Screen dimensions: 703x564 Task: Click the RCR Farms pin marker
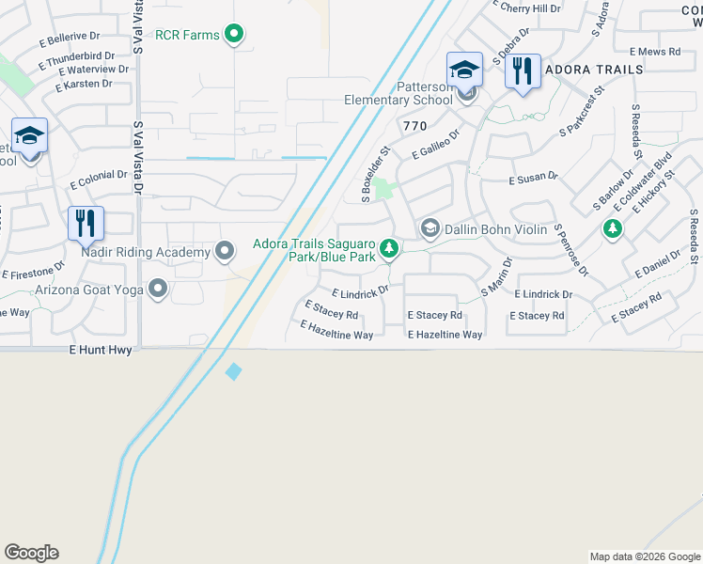tap(235, 36)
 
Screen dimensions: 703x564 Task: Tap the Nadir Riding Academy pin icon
tap(225, 251)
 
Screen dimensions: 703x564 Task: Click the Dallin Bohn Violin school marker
tap(430, 227)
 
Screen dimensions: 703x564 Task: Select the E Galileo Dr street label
tap(436, 147)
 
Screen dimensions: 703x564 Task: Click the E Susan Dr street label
tap(533, 177)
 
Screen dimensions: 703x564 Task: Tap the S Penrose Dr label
tap(570, 250)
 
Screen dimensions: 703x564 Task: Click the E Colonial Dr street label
tap(99, 176)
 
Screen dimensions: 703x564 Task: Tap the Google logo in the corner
tap(31, 553)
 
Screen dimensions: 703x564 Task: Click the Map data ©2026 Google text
tap(644, 556)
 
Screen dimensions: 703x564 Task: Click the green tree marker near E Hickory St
tap(613, 227)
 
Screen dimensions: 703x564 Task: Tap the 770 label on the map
tap(414, 125)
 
